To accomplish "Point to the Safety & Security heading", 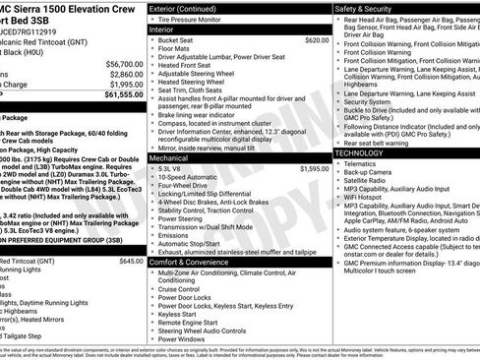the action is pos(370,8).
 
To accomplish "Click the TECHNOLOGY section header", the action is pos(366,154).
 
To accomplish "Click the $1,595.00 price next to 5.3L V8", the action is pos(314,169).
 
